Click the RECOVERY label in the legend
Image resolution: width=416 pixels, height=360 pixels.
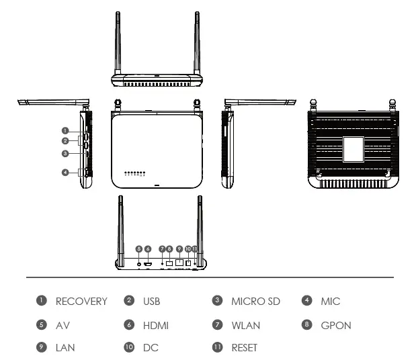click(81, 302)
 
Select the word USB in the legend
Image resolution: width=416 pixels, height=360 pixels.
click(151, 302)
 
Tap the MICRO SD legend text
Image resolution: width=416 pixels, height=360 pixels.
click(255, 302)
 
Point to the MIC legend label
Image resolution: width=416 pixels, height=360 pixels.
click(331, 302)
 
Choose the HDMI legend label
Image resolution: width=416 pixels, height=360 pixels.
click(155, 326)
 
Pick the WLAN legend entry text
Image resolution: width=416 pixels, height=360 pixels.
click(246, 326)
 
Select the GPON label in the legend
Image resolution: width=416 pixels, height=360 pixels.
click(336, 326)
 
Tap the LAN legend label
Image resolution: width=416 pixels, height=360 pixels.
click(65, 348)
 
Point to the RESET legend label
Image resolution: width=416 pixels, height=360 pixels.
click(244, 348)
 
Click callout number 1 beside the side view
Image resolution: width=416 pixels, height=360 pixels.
click(65, 130)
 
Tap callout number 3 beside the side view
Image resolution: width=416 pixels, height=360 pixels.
click(65, 154)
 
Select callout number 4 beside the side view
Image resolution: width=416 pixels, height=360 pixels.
click(65, 173)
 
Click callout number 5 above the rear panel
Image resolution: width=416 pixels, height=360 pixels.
click(139, 249)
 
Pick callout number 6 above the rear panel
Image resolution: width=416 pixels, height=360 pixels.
click(148, 249)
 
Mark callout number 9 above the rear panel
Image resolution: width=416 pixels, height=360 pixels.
click(179, 249)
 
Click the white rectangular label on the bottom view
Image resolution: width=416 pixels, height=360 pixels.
click(353, 149)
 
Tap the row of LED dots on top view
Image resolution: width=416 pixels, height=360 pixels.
click(134, 173)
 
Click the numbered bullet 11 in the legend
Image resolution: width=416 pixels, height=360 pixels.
click(217, 348)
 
